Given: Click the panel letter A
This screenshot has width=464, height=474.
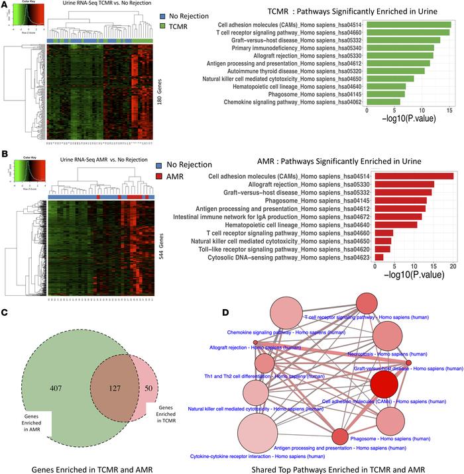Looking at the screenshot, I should click(x=5, y=5).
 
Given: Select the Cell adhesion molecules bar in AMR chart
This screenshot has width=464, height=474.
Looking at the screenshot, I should click(x=414, y=176).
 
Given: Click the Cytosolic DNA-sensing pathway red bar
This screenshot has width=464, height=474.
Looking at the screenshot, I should click(x=379, y=257).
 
